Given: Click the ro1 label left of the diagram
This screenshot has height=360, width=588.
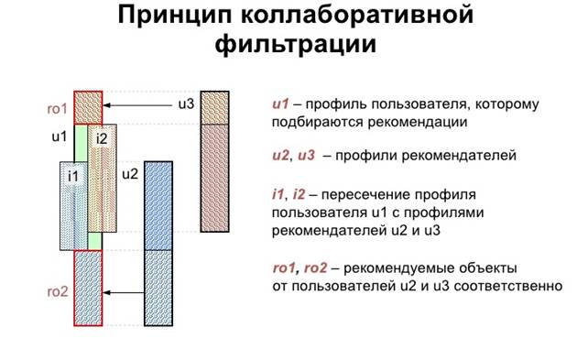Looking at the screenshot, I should [60, 107].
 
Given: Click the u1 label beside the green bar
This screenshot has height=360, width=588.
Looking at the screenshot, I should [60, 136].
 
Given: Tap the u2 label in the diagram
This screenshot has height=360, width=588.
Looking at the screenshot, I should [130, 173].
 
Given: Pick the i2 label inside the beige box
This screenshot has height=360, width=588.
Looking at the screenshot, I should [102, 138].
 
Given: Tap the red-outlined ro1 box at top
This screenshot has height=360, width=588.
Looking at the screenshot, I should [88, 106].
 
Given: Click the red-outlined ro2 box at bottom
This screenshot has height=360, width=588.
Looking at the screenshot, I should [88, 288].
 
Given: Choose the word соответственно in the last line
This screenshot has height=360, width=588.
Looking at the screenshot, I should [507, 286].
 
